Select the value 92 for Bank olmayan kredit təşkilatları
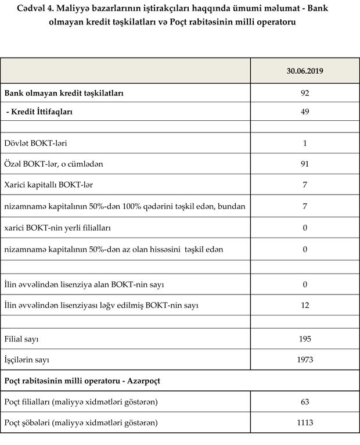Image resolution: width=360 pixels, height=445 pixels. [x=305, y=93]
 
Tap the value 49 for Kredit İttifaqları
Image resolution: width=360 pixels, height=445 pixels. [x=305, y=112]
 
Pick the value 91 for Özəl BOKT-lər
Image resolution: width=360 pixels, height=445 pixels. [x=305, y=164]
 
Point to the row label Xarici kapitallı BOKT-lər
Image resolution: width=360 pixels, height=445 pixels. [x=49, y=185]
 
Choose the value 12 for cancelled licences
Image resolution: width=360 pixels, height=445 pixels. [x=305, y=305]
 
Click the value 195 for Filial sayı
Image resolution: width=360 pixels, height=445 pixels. [x=305, y=339]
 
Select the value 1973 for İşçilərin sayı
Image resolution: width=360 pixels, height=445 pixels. [x=305, y=360]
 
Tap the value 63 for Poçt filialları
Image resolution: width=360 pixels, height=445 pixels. [x=305, y=402]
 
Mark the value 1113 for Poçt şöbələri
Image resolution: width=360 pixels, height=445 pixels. [x=305, y=423]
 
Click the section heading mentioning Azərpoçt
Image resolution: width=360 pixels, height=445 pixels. [x=82, y=381]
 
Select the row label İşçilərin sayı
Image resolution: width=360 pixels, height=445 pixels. [x=27, y=360]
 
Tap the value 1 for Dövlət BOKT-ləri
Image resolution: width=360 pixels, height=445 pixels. [x=305, y=143]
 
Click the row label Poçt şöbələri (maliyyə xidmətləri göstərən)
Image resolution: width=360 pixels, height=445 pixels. [x=81, y=423]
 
